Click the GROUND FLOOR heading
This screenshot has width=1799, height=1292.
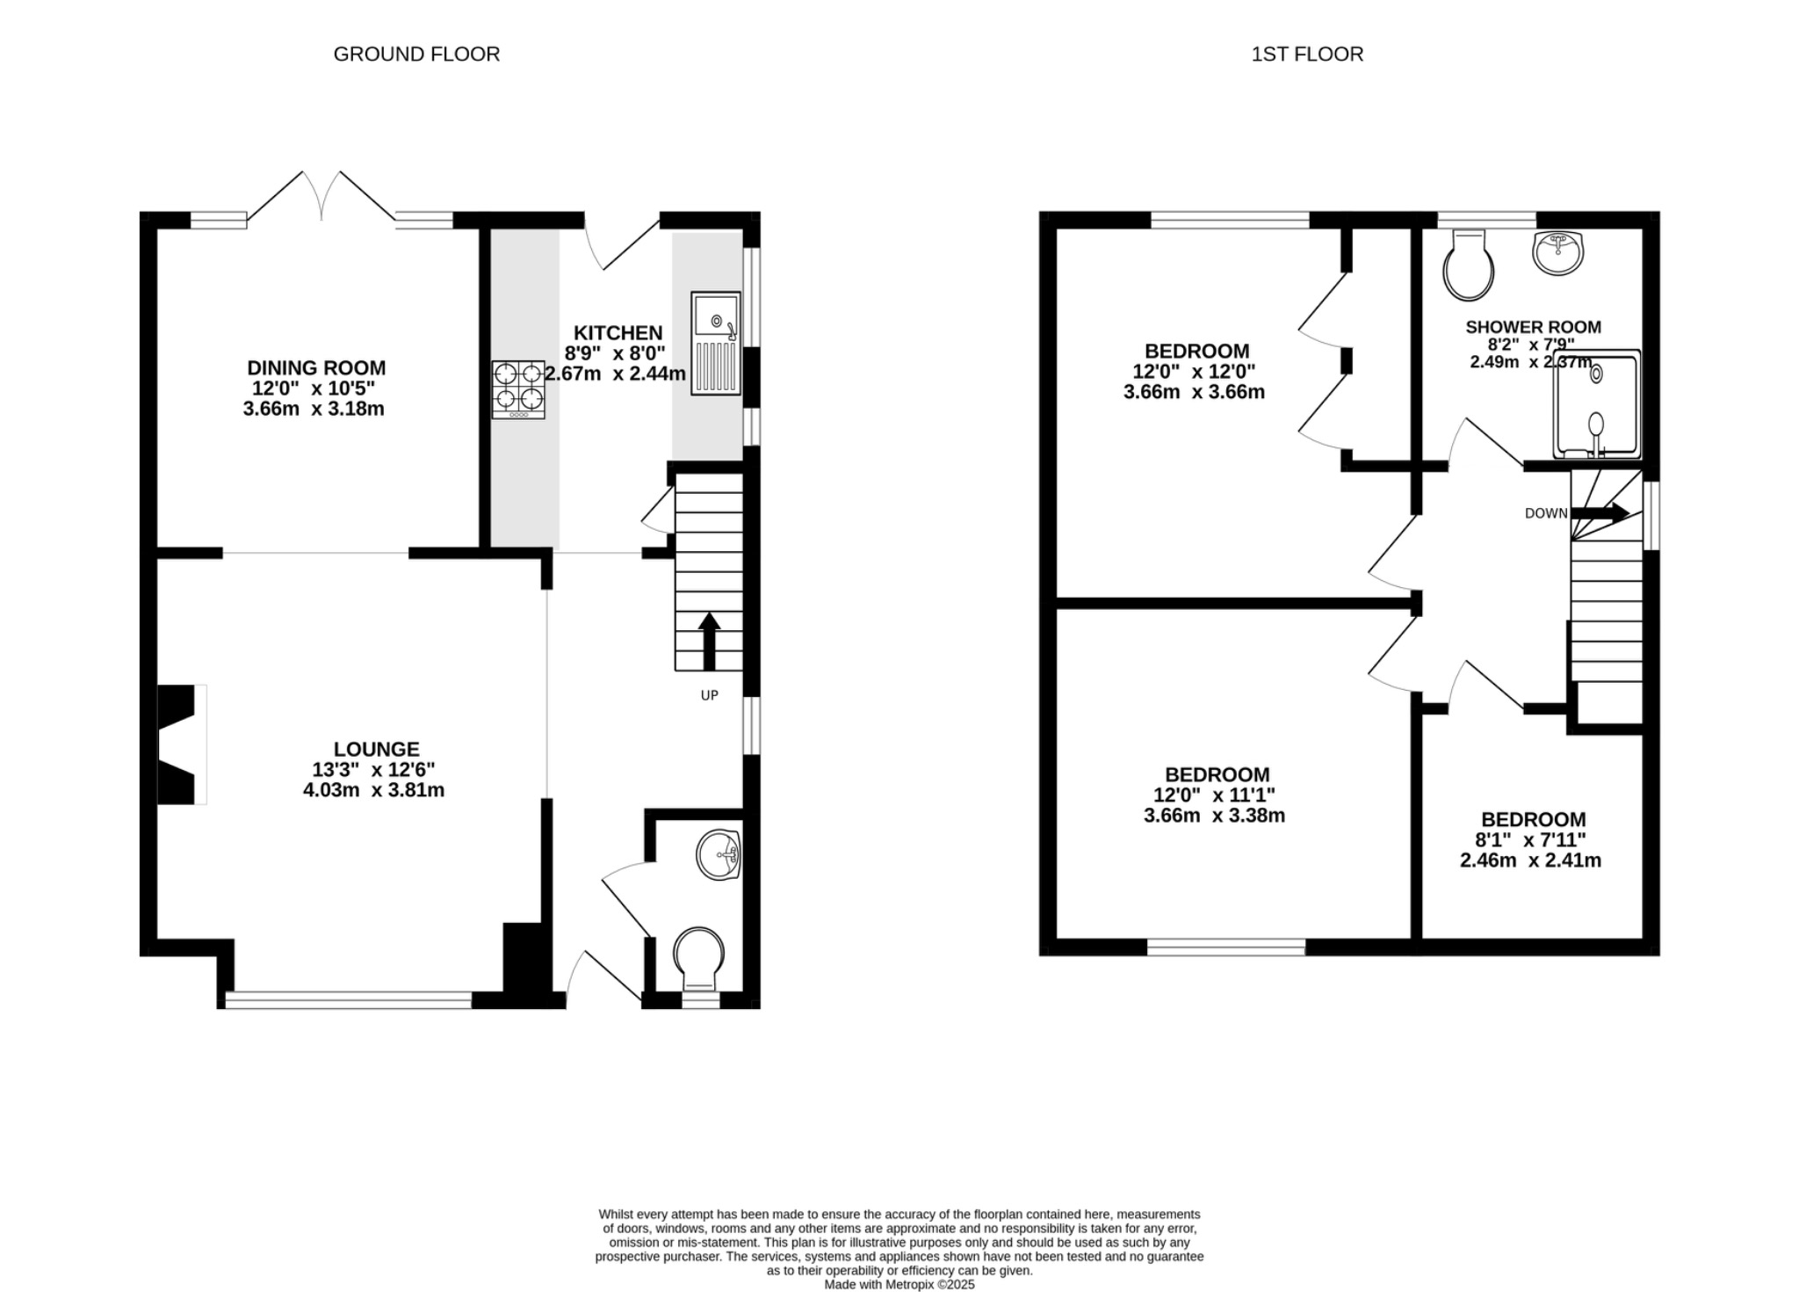click(416, 54)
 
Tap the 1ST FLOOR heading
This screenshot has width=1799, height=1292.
click(1306, 54)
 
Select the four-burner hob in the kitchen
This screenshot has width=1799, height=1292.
click(518, 389)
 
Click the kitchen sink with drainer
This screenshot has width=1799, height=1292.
click(716, 344)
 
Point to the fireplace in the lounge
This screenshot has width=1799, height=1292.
click(180, 744)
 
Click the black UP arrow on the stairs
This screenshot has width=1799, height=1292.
click(709, 640)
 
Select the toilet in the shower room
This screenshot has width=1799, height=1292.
click(1468, 265)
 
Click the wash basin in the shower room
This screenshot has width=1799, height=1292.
click(1557, 252)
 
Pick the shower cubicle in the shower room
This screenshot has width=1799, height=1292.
click(1596, 404)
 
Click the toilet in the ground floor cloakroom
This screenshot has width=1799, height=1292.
click(699, 957)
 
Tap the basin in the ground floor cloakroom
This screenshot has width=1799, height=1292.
click(719, 854)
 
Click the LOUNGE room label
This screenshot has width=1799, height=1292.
click(376, 749)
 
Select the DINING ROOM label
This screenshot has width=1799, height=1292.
click(316, 368)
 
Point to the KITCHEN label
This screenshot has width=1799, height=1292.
click(618, 333)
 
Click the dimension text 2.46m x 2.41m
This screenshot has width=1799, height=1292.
click(1530, 860)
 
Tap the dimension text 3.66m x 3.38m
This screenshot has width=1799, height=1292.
click(1214, 816)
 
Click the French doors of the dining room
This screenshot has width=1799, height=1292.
click(322, 198)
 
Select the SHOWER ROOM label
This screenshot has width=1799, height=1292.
click(1533, 327)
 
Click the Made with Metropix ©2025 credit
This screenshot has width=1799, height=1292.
click(899, 1284)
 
